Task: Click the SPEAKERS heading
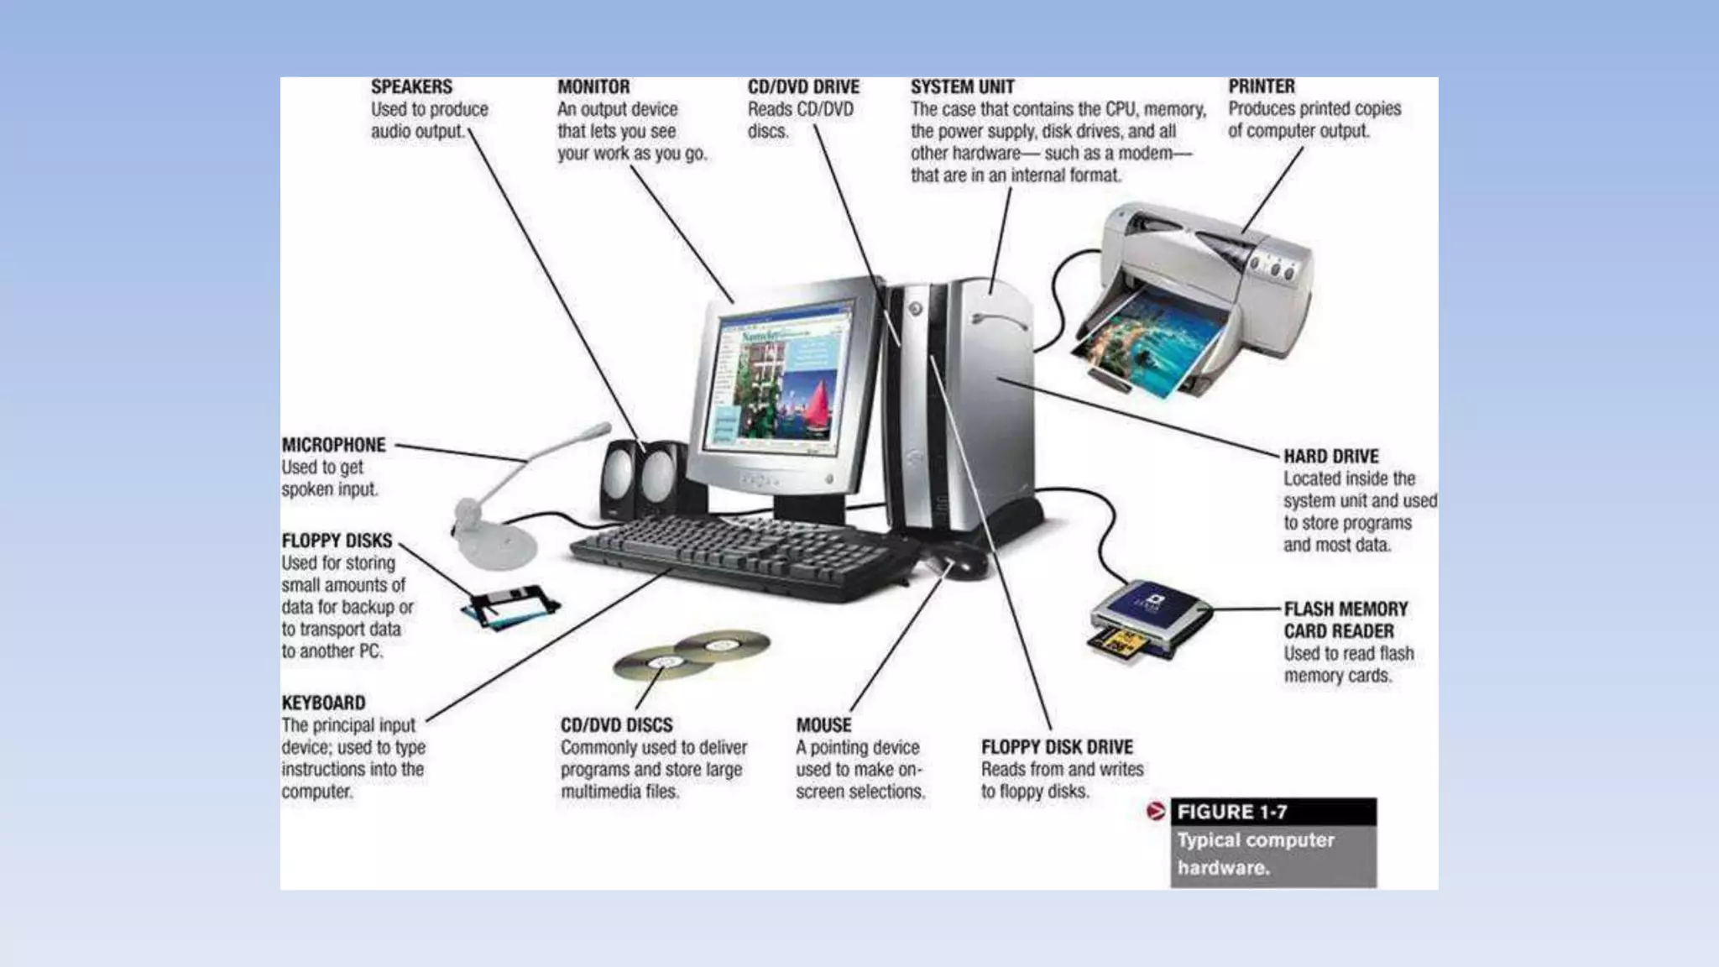click(x=411, y=87)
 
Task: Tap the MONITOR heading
click(x=593, y=87)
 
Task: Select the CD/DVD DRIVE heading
click(x=803, y=87)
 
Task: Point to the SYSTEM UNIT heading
click(x=962, y=87)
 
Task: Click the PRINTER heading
click(x=1261, y=86)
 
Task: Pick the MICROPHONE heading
click(x=333, y=445)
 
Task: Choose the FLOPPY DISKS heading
click(x=337, y=541)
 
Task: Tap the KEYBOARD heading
click(x=323, y=703)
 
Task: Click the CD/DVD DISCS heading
click(x=616, y=725)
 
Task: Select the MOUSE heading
click(x=823, y=725)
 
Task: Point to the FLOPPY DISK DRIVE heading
click(x=1057, y=747)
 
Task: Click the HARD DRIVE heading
click(x=1330, y=457)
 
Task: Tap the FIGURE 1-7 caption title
click(x=1231, y=812)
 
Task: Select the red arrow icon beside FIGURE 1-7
click(x=1156, y=812)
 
